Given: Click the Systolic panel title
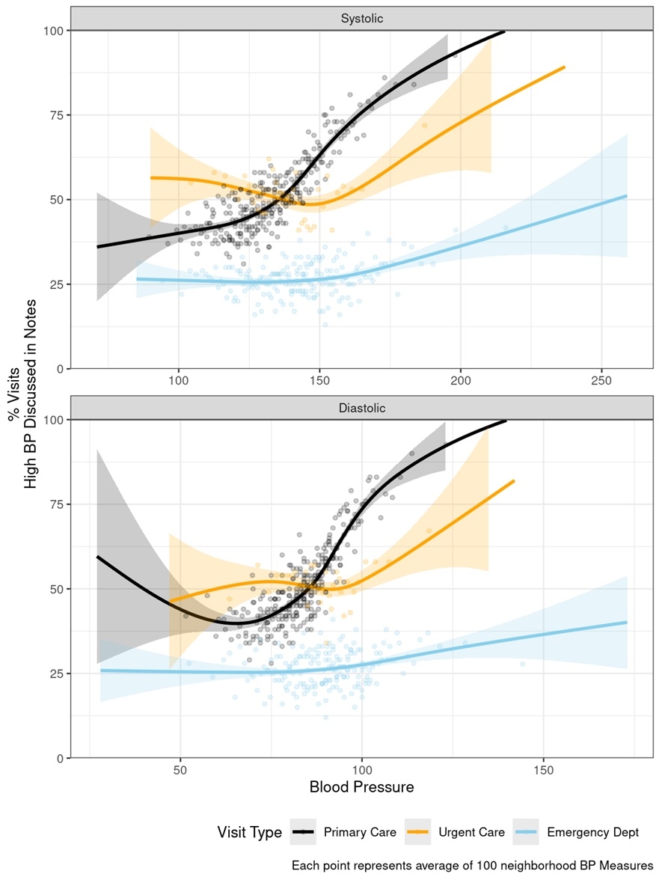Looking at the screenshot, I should pos(362,19).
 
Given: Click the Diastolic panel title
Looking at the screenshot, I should pos(362,408).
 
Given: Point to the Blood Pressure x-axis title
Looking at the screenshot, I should pos(362,787).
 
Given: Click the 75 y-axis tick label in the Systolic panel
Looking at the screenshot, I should pos(54,115).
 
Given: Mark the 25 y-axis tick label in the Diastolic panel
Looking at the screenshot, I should pos(54,673).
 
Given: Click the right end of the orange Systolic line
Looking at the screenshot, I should pos(564,67).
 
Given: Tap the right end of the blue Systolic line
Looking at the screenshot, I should pos(626,195).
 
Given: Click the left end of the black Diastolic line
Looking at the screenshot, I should pos(97,557).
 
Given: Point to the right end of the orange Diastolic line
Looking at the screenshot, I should pos(514,481).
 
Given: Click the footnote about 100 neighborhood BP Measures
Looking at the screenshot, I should pos(472,866).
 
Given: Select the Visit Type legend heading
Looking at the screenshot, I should pos(250,832).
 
